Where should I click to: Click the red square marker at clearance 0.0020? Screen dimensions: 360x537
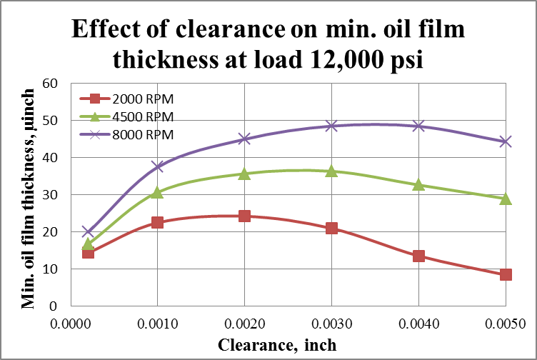pyautogui.click(x=244, y=216)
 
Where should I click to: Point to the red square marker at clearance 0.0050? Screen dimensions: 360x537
pyautogui.click(x=506, y=274)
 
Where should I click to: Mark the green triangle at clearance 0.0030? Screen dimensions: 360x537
pyautogui.click(x=331, y=171)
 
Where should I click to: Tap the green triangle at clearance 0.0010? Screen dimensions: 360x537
pyautogui.click(x=157, y=192)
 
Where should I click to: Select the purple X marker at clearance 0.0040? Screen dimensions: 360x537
pyautogui.click(x=418, y=126)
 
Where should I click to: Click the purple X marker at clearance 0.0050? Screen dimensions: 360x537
pyautogui.click(x=506, y=141)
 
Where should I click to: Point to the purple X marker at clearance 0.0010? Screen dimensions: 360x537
pyautogui.click(x=157, y=166)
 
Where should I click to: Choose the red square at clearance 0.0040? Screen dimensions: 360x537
pyautogui.click(x=418, y=256)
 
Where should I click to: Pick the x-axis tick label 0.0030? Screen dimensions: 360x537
pyautogui.click(x=331, y=322)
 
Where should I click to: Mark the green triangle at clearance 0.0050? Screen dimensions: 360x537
pyautogui.click(x=506, y=199)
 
